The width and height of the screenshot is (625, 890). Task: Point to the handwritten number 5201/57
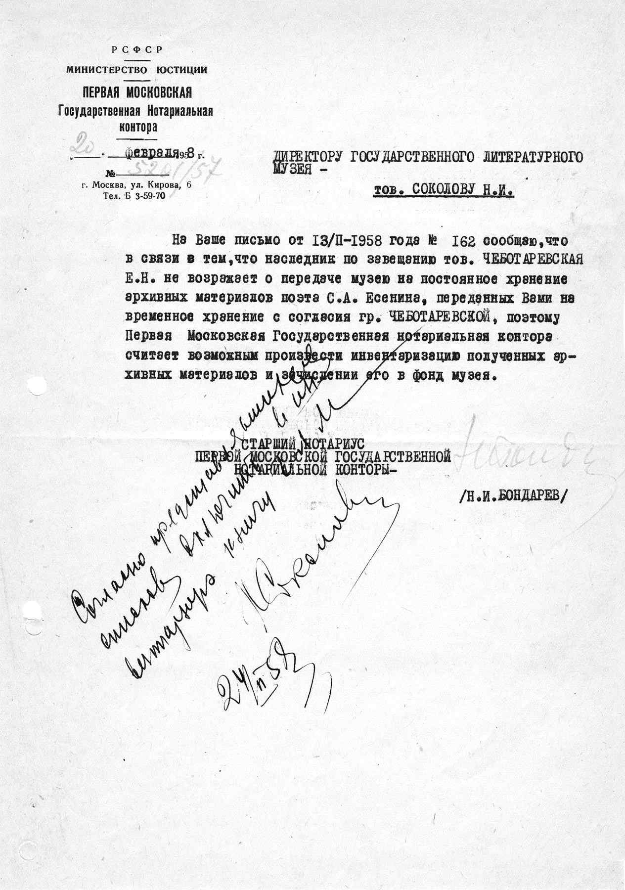153,172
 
